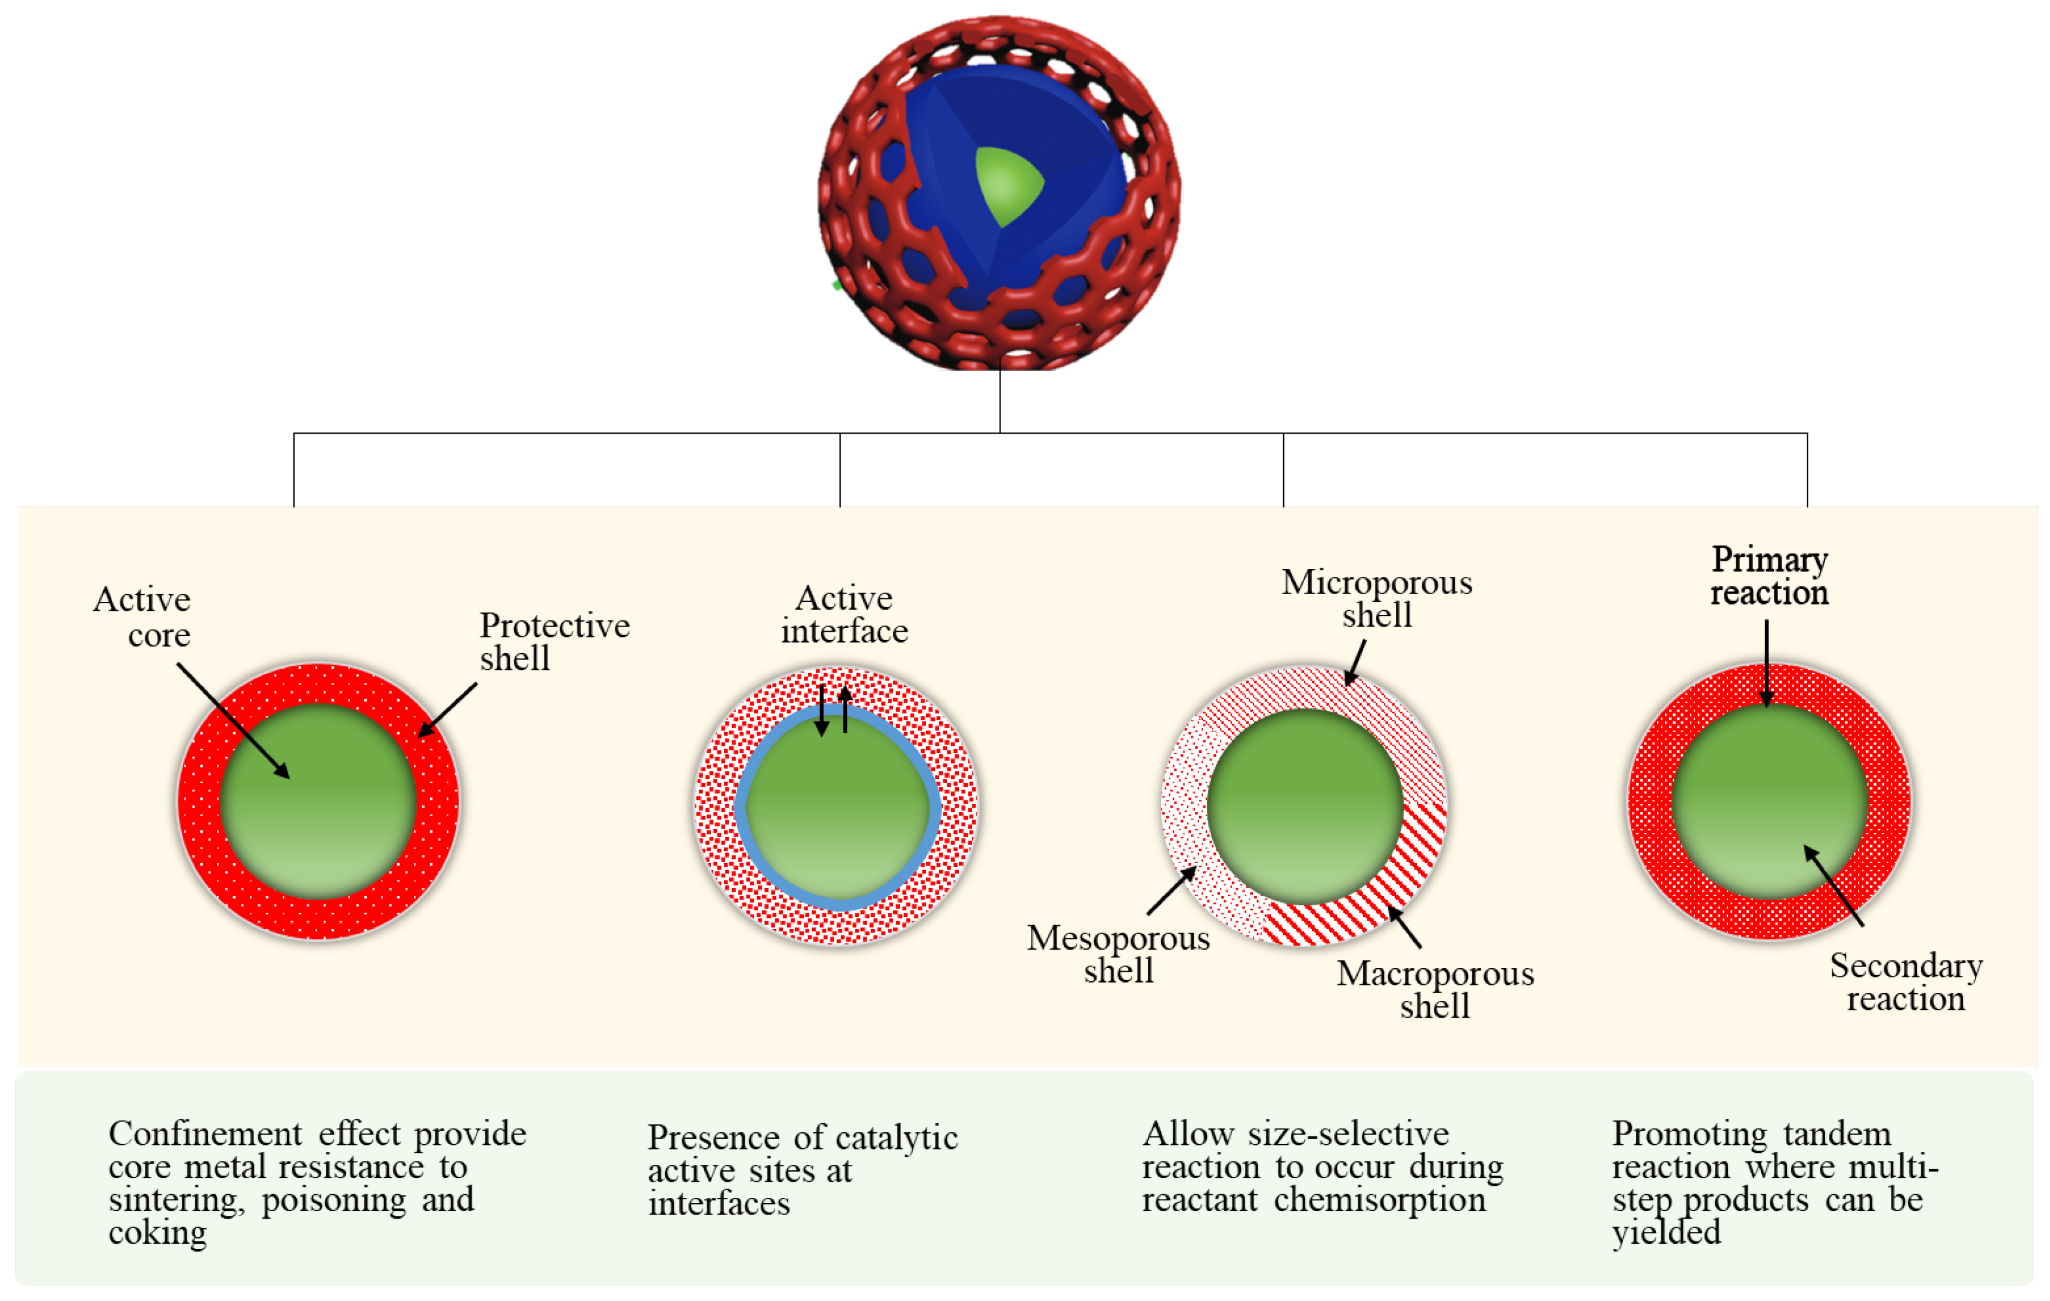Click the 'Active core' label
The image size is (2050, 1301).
(145, 617)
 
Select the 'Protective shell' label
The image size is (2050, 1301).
(553, 641)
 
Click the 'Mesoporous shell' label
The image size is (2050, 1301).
(1118, 954)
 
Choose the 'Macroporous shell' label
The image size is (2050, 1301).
(1435, 990)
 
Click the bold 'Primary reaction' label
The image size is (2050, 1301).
(1769, 576)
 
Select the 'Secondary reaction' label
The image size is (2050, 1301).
(1905, 982)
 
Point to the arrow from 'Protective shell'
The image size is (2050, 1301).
(448, 709)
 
